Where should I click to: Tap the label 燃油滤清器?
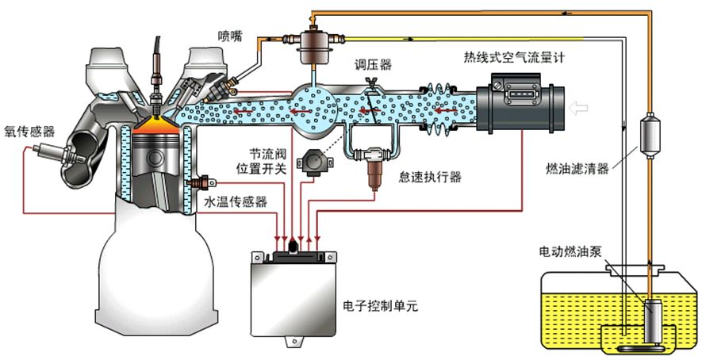[x=577, y=168]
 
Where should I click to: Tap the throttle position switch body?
[x=309, y=163]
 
